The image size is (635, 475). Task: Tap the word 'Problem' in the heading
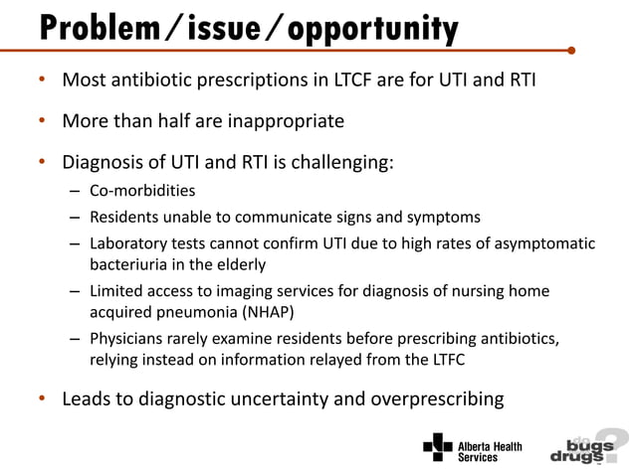tap(95, 28)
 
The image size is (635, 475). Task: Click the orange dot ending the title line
tap(570, 49)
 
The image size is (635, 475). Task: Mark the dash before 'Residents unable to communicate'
tap(76, 216)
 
